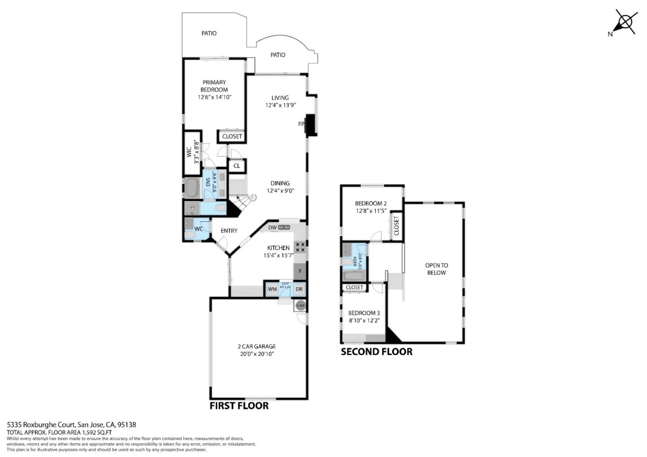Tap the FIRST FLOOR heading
coord(239,406)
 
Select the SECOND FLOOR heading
coord(377,352)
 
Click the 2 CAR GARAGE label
coord(257,346)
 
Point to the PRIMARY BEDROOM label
coord(214,86)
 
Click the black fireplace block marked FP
coord(311,125)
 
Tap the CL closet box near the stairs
coord(237,166)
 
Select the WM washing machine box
coord(272,289)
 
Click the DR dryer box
coord(299,289)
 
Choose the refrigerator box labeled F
coord(300,271)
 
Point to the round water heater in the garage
coord(300,306)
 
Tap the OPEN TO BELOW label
coord(436,269)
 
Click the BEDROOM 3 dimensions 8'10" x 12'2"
coord(364,321)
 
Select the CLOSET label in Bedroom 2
coord(396,226)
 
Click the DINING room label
coord(280,183)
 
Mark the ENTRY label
coord(229,231)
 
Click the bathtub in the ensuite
coord(193,188)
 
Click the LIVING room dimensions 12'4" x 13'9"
coord(280,105)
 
